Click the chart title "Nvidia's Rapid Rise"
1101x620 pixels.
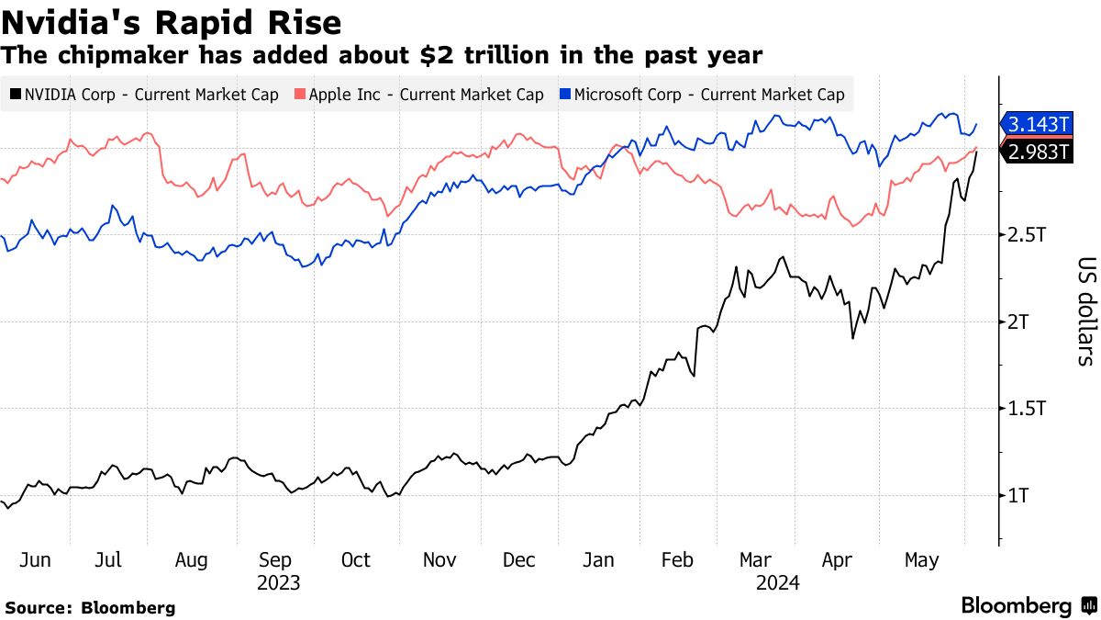[x=172, y=22]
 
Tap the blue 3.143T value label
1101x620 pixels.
[x=1039, y=125]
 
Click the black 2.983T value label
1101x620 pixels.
[x=1039, y=152]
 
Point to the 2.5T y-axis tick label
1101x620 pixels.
[x=1028, y=235]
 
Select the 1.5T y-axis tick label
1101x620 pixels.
[x=1028, y=409]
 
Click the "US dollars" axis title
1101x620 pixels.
[x=1084, y=310]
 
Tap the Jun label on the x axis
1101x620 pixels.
[x=35, y=560]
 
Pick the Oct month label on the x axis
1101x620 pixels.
[x=355, y=560]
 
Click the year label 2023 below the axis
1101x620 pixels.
[x=278, y=582]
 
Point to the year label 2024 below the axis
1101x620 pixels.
[x=777, y=582]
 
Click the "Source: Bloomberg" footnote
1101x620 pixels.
[x=90, y=607]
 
